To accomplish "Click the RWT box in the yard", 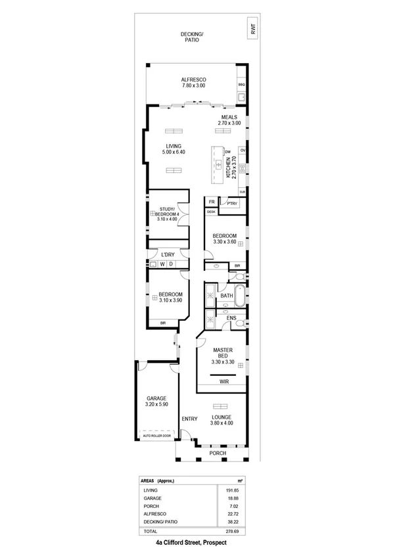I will tap(252, 29).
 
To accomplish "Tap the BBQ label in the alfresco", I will tap(241, 85).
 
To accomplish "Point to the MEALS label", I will tap(229, 117).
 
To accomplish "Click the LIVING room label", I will tap(173, 146).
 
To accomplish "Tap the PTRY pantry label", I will tap(231, 204).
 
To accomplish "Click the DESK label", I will tap(211, 212).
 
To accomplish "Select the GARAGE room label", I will tap(156, 398).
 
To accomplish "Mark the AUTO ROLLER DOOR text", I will tap(156, 435).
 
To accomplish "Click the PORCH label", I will tap(217, 453).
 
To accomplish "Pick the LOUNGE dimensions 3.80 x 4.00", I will tap(221, 423).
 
